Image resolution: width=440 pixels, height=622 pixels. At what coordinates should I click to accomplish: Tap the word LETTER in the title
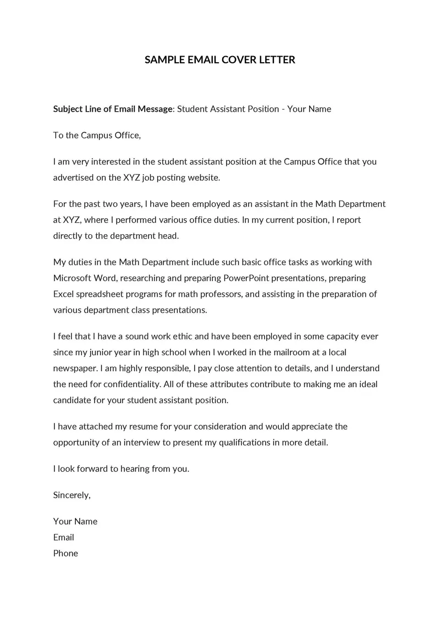pos(277,60)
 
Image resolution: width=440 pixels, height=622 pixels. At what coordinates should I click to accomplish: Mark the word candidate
pos(74,400)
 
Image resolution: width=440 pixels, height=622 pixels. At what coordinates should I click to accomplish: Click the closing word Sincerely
pos(71,496)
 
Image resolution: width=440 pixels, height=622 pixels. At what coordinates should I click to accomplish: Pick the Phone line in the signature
pos(65,554)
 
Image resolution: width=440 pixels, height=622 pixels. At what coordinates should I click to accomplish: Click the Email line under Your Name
pos(64,538)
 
